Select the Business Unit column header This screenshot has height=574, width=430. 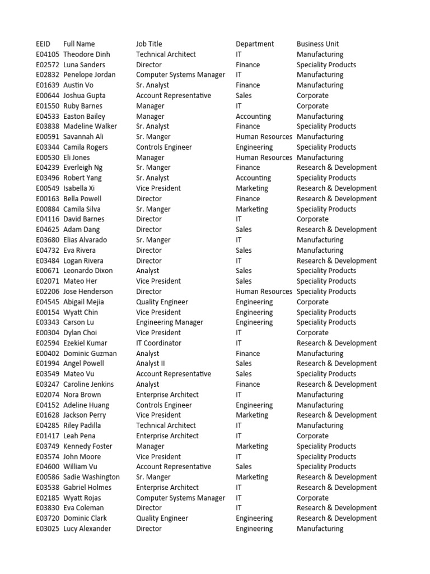click(317, 44)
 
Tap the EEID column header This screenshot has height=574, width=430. click(43, 44)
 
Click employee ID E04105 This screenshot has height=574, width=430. click(47, 54)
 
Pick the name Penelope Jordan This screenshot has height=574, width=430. click(90, 75)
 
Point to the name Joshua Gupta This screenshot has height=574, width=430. click(85, 95)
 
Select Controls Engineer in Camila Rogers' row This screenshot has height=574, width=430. click(163, 147)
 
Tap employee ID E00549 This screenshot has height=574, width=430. click(47, 188)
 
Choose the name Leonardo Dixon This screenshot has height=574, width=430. click(88, 271)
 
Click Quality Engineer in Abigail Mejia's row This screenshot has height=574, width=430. click(162, 302)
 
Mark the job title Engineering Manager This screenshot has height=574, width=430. click(170, 322)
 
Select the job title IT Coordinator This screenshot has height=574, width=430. click(158, 343)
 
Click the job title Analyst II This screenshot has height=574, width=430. click(151, 363)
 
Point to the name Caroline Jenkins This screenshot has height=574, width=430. click(88, 384)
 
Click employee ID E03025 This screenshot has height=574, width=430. click(47, 529)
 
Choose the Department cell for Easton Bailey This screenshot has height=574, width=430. click(253, 116)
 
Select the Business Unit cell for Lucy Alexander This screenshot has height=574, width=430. click(320, 529)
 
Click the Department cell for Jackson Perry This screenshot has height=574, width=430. click(252, 415)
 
